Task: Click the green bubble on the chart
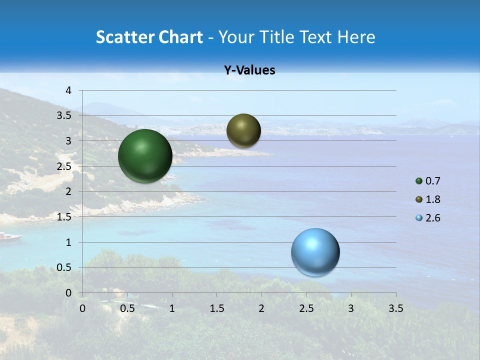pyautogui.click(x=145, y=156)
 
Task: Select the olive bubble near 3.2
pyautogui.click(x=243, y=130)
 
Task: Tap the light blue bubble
pyautogui.click(x=315, y=252)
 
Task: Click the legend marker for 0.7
pyautogui.click(x=419, y=181)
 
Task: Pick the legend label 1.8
pyautogui.click(x=433, y=199)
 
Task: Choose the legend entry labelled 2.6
pyautogui.click(x=433, y=218)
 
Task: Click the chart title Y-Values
pyautogui.click(x=249, y=70)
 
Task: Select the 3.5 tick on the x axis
pyautogui.click(x=395, y=308)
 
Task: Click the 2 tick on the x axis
pyautogui.click(x=261, y=308)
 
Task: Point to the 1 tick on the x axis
pyautogui.click(x=172, y=308)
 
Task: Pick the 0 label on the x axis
pyautogui.click(x=82, y=308)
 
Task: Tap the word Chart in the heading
pyautogui.click(x=180, y=37)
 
